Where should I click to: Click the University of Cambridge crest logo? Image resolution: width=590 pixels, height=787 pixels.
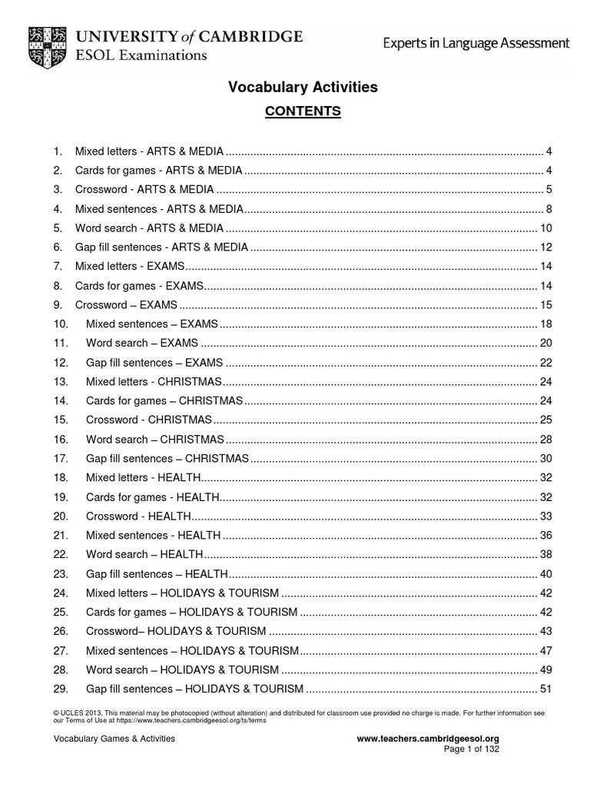48,44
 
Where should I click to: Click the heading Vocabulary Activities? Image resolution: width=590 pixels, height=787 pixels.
303,88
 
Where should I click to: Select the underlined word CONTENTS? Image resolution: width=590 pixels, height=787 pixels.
303,111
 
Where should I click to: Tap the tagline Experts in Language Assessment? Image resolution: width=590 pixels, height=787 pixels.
476,44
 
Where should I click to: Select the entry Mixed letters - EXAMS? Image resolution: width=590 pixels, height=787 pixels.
130,266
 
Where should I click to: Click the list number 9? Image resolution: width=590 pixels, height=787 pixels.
58,304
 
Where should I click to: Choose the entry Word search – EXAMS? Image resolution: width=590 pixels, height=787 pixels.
141,343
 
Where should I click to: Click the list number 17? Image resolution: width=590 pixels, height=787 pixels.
61,458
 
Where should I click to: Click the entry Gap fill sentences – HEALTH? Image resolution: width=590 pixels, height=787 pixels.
157,573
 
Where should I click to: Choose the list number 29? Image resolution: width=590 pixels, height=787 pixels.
61,689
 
